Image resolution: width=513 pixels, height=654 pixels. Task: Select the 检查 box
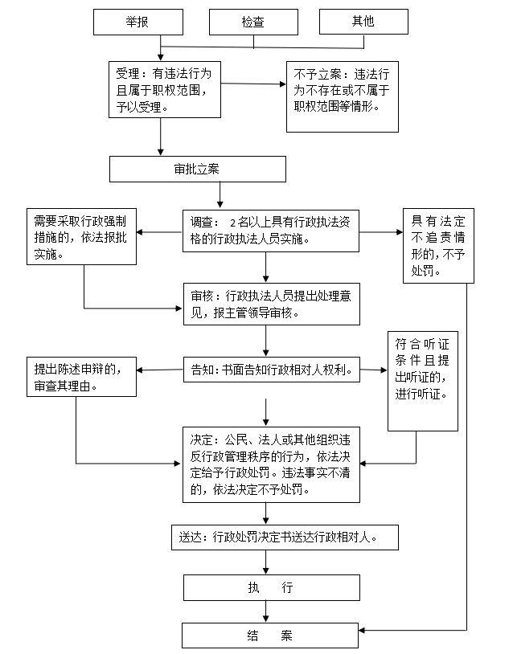point(253,22)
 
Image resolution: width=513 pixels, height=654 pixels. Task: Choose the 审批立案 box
point(197,170)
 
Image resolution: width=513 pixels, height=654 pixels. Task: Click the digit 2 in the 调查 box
point(233,223)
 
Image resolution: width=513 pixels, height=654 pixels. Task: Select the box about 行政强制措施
point(80,236)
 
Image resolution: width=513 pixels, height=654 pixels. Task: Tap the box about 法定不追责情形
point(438,245)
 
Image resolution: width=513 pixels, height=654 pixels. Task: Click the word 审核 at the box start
point(201,296)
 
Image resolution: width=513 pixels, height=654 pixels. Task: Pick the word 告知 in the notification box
point(201,372)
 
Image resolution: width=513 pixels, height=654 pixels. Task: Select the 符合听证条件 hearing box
point(422,380)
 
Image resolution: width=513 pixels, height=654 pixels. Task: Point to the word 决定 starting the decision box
point(201,441)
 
